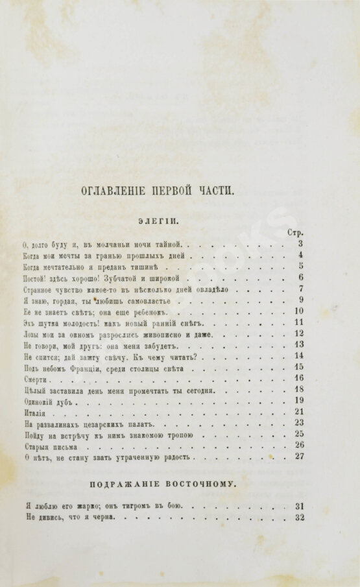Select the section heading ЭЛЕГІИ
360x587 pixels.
point(161,221)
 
